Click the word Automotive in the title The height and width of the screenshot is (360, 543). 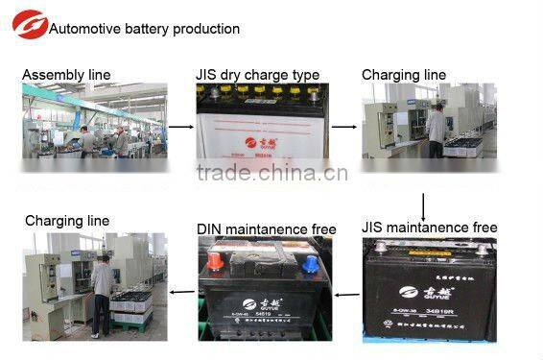coord(82,29)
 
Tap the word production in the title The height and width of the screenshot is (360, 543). coord(205,29)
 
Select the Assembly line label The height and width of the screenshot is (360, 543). coord(66,75)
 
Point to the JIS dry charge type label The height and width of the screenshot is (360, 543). coord(257,75)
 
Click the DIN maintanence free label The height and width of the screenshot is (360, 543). coord(266,228)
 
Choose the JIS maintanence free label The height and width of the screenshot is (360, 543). coord(430,228)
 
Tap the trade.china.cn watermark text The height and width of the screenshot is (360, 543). coord(271,174)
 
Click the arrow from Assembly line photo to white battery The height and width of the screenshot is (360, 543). coord(180,125)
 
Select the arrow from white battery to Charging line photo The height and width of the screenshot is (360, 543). coord(342,125)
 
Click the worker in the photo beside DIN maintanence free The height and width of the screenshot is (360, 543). coord(102,293)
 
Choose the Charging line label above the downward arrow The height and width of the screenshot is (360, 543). coord(404,75)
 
